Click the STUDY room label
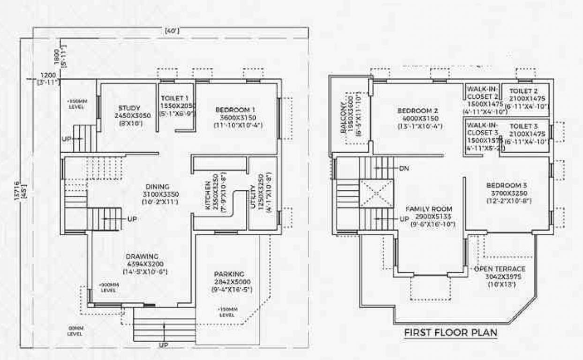click(129, 108)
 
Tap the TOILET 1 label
click(175, 99)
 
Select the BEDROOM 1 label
click(239, 110)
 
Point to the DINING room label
click(157, 187)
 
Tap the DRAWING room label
click(142, 256)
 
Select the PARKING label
click(229, 274)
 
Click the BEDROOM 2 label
click(417, 111)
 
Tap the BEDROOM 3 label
click(506, 185)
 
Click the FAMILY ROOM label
click(429, 209)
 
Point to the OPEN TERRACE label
click(500, 270)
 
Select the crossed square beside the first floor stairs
click(376, 193)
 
